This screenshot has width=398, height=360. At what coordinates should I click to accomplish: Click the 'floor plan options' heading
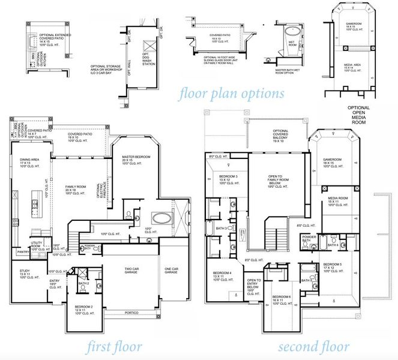[x=231, y=94]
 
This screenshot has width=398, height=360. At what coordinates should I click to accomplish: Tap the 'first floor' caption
[x=114, y=347]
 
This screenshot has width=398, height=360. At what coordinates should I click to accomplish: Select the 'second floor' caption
[x=315, y=347]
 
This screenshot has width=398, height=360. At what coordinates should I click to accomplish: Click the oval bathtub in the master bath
[x=160, y=217]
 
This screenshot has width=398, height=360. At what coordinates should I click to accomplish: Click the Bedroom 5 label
[x=334, y=268]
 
